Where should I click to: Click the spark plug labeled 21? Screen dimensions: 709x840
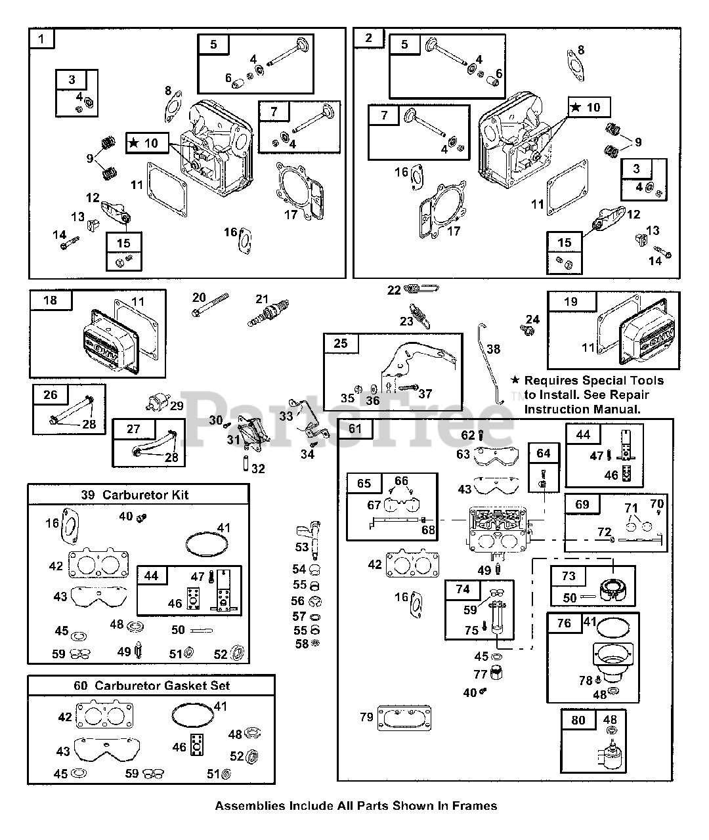point(268,313)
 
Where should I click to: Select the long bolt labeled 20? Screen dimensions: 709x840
point(211,304)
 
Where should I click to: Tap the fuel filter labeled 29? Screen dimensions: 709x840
point(158,402)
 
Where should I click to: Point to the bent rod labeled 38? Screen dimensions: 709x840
point(491,364)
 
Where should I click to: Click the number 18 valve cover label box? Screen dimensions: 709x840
point(51,300)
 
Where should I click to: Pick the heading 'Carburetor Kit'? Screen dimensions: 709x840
point(145,495)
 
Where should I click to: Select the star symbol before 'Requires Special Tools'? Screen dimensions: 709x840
point(515,380)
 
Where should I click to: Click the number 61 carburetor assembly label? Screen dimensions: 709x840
point(355,429)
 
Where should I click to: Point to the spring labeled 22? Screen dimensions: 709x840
point(421,288)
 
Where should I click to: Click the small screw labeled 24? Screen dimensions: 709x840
point(528,331)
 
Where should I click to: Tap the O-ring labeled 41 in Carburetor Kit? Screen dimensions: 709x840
point(207,545)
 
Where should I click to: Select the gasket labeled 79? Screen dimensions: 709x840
point(404,718)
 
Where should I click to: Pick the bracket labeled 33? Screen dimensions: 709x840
point(309,419)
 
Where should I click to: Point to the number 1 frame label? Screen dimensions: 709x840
point(41,39)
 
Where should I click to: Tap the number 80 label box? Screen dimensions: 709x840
point(578,720)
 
